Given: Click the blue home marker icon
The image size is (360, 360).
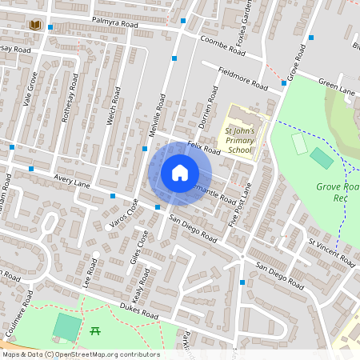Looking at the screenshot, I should coord(180,173).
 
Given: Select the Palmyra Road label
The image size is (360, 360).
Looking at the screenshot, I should coord(114,26).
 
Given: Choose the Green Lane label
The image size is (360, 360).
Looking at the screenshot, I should coord(336,86).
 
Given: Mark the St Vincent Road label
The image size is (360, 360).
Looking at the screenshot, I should coord(332,250).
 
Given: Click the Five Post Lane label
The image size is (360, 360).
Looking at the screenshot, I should coord(241,203).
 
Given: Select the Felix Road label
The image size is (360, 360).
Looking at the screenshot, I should coord(203,147).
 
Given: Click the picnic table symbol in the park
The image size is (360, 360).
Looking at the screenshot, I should coord(95,330).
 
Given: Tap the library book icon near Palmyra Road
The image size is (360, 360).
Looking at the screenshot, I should coord(34,26).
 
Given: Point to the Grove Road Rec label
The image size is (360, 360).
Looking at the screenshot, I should coord(335,193).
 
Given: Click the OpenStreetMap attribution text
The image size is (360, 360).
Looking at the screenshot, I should coord(80,354).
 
